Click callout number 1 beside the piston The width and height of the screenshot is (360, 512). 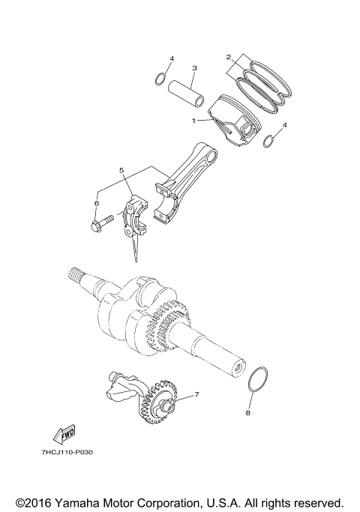pyautogui.click(x=193, y=121)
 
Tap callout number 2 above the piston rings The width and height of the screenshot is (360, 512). pyautogui.click(x=229, y=56)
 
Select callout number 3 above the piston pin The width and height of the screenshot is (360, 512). pyautogui.click(x=193, y=68)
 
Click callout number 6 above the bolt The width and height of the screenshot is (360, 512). pyautogui.click(x=97, y=202)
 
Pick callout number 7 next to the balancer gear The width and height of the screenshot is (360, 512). pyautogui.click(x=196, y=394)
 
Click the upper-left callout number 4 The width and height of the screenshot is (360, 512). pyautogui.click(x=171, y=58)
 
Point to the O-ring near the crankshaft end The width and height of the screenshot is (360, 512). pyautogui.click(x=258, y=379)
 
